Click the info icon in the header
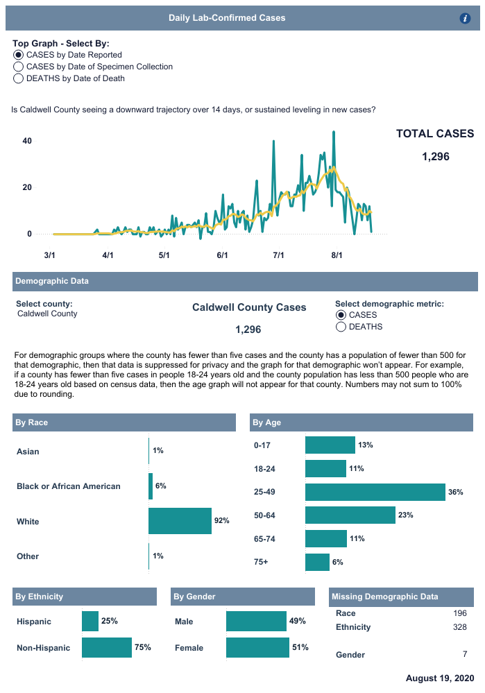click(x=466, y=19)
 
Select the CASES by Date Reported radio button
click(x=18, y=55)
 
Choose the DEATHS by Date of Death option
click(x=18, y=78)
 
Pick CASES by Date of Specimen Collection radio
click(x=18, y=67)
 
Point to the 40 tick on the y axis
click(x=28, y=141)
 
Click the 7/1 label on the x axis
click(x=278, y=255)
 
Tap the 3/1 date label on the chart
click(x=49, y=255)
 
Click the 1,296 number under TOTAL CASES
click(x=435, y=157)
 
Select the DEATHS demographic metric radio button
click(x=341, y=327)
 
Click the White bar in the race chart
click(x=180, y=521)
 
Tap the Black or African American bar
click(x=151, y=486)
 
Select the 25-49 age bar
click(x=375, y=492)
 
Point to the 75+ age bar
click(x=317, y=562)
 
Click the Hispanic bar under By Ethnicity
click(x=90, y=622)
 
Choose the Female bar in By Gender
click(x=257, y=647)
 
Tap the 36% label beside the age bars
click(x=455, y=492)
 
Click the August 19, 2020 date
click(x=440, y=678)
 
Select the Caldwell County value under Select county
click(x=47, y=314)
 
